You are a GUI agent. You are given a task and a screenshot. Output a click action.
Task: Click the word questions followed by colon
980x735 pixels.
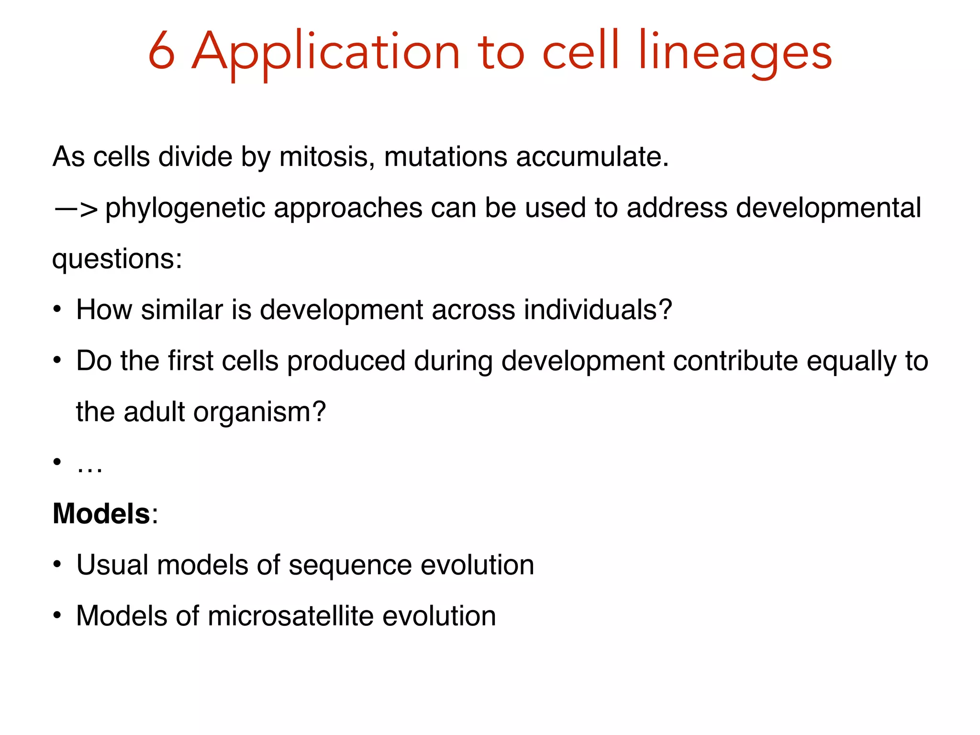117,259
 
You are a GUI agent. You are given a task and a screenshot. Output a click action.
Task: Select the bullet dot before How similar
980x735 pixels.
57,310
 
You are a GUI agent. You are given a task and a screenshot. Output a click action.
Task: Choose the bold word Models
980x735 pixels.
101,514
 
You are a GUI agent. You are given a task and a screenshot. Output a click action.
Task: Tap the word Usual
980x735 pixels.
112,565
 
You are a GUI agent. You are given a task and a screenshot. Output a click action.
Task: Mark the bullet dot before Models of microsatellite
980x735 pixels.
57,616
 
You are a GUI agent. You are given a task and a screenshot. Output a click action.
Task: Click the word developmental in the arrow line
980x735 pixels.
828,209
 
